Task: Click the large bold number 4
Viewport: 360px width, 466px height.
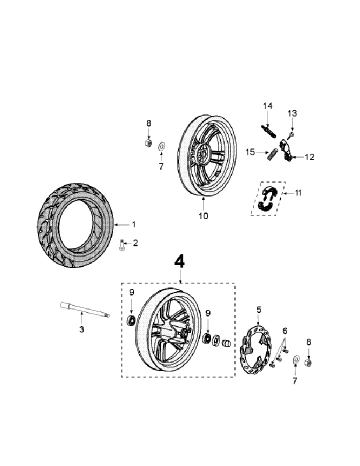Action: click(179, 261)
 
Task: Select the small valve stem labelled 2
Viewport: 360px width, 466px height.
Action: click(121, 245)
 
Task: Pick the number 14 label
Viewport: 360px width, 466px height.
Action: click(267, 106)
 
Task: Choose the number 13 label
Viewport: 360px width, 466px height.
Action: click(292, 113)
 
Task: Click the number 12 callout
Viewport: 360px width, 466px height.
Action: click(309, 157)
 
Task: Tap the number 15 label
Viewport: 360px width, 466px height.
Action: click(250, 151)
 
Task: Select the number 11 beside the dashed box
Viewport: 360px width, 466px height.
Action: click(299, 192)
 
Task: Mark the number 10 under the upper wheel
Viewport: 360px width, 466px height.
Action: click(203, 216)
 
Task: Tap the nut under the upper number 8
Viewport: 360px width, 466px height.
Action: click(148, 143)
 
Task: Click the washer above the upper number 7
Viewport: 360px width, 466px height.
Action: click(161, 146)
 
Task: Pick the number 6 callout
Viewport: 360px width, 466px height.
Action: click(285, 330)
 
